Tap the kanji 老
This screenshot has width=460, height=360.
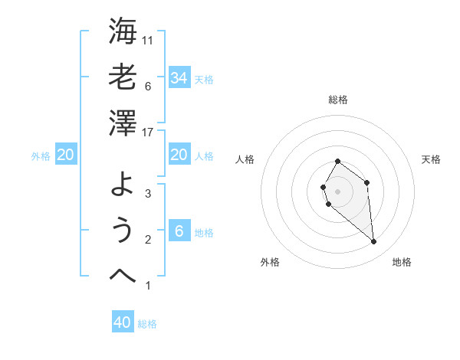(x=123, y=77)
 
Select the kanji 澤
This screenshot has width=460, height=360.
(x=123, y=123)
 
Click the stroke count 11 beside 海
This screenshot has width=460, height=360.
(x=149, y=40)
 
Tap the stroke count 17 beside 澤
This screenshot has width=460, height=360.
(x=149, y=133)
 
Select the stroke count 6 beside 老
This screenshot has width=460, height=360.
(x=147, y=87)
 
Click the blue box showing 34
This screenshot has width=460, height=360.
(x=179, y=77)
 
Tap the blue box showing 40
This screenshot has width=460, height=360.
(x=123, y=322)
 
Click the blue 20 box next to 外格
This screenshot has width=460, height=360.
(x=66, y=155)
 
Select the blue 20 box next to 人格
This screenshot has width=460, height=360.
(x=179, y=155)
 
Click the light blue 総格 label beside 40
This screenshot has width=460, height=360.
(x=147, y=324)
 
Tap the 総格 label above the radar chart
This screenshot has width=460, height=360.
(x=337, y=100)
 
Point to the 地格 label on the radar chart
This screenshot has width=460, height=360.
(x=402, y=262)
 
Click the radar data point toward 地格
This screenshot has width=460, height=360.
(x=374, y=242)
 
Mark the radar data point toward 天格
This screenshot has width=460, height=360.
(x=367, y=182)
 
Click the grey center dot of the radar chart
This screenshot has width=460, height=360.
(x=337, y=191)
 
